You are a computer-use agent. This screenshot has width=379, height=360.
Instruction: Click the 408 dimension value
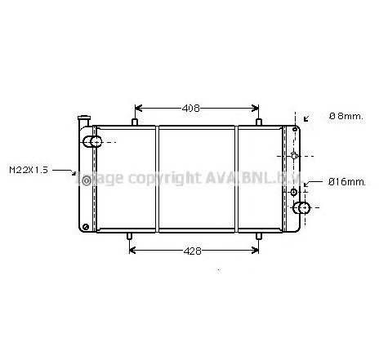click(x=190, y=108)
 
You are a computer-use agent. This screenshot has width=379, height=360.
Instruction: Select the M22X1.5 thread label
click(x=29, y=170)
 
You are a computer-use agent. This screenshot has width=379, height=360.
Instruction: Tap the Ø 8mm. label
click(x=346, y=117)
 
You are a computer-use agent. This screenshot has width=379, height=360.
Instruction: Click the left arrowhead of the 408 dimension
click(x=137, y=108)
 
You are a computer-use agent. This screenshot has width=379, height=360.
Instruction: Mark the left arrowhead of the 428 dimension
click(x=133, y=251)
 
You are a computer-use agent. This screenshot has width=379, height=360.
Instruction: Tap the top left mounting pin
click(x=133, y=123)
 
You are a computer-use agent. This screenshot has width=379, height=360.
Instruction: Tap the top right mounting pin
click(x=259, y=123)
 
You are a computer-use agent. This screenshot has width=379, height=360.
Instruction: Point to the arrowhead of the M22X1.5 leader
click(x=74, y=174)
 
